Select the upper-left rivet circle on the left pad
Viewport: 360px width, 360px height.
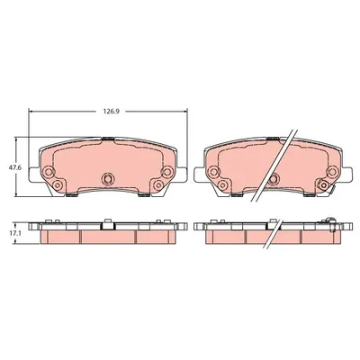47,171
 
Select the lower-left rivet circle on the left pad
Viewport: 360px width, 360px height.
56,186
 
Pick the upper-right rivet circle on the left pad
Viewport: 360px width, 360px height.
166,171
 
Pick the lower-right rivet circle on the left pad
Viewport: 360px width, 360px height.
157,186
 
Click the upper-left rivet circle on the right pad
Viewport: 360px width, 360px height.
213,171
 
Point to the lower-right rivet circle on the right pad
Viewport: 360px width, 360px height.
321,186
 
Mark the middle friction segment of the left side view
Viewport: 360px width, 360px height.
107,235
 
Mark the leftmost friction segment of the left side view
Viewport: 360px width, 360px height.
58,235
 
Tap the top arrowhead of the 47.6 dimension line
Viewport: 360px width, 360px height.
17,141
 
